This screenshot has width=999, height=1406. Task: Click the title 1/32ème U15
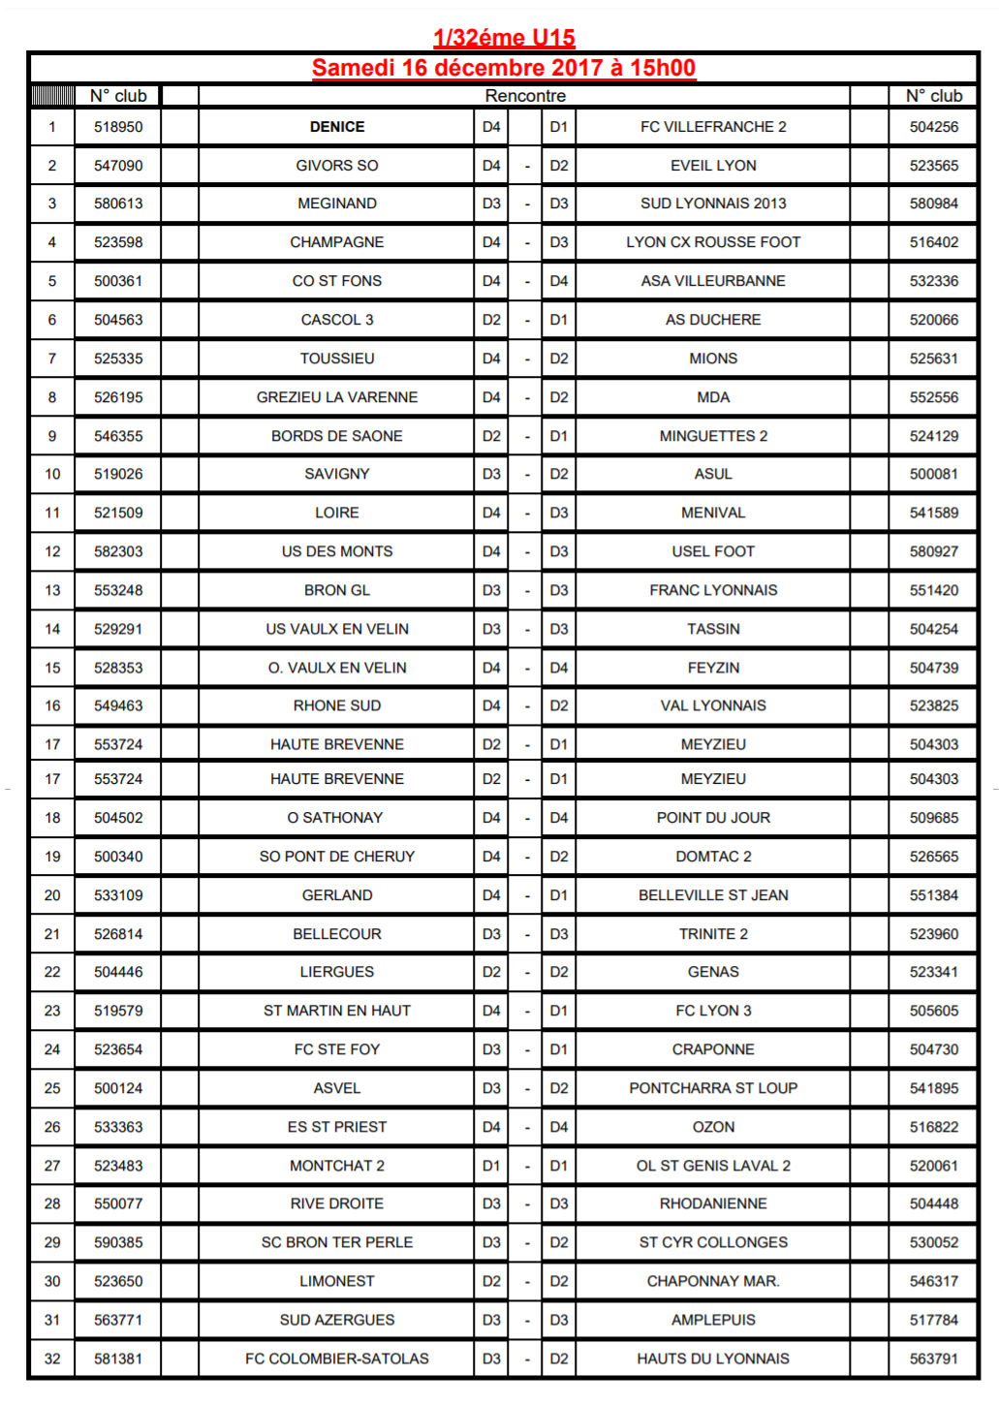504,38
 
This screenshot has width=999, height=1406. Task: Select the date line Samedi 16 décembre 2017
503,68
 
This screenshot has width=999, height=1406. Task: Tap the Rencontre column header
525,96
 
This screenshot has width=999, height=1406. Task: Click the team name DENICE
337,127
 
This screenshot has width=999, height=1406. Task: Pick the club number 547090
118,166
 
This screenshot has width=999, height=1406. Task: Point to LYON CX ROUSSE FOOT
713,242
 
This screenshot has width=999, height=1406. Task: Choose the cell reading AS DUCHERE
713,320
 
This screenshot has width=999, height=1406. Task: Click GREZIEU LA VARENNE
337,397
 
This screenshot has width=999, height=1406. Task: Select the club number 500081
933,474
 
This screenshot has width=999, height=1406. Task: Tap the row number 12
52,551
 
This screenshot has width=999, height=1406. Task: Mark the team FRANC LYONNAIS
713,590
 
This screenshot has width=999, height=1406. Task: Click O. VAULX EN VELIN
337,668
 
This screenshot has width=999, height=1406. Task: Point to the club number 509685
933,818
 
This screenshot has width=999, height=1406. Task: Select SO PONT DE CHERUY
337,857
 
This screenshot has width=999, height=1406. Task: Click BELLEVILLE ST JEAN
713,895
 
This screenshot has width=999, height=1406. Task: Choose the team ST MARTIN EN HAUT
337,1011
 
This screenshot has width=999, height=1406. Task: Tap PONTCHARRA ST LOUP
713,1088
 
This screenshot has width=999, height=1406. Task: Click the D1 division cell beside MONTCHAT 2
491,1166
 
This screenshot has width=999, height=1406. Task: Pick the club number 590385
118,1242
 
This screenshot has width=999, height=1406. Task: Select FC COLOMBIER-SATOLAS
337,1359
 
